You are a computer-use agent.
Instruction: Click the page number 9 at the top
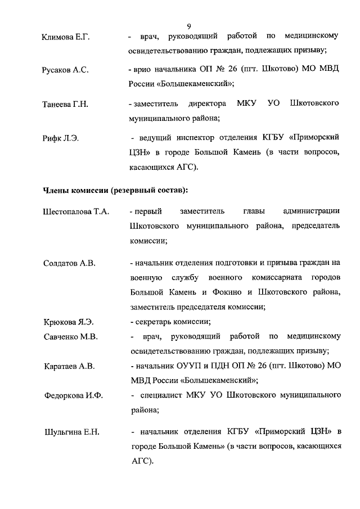coord(189,26)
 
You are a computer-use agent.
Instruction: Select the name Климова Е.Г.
coord(66,38)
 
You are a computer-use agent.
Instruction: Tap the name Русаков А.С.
coord(65,71)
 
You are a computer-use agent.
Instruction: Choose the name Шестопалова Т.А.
coord(76,212)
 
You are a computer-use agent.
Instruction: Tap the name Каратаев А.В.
coord(69,367)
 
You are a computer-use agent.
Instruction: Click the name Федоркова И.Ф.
coord(74,396)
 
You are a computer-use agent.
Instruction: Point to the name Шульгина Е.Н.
coord(71,432)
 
